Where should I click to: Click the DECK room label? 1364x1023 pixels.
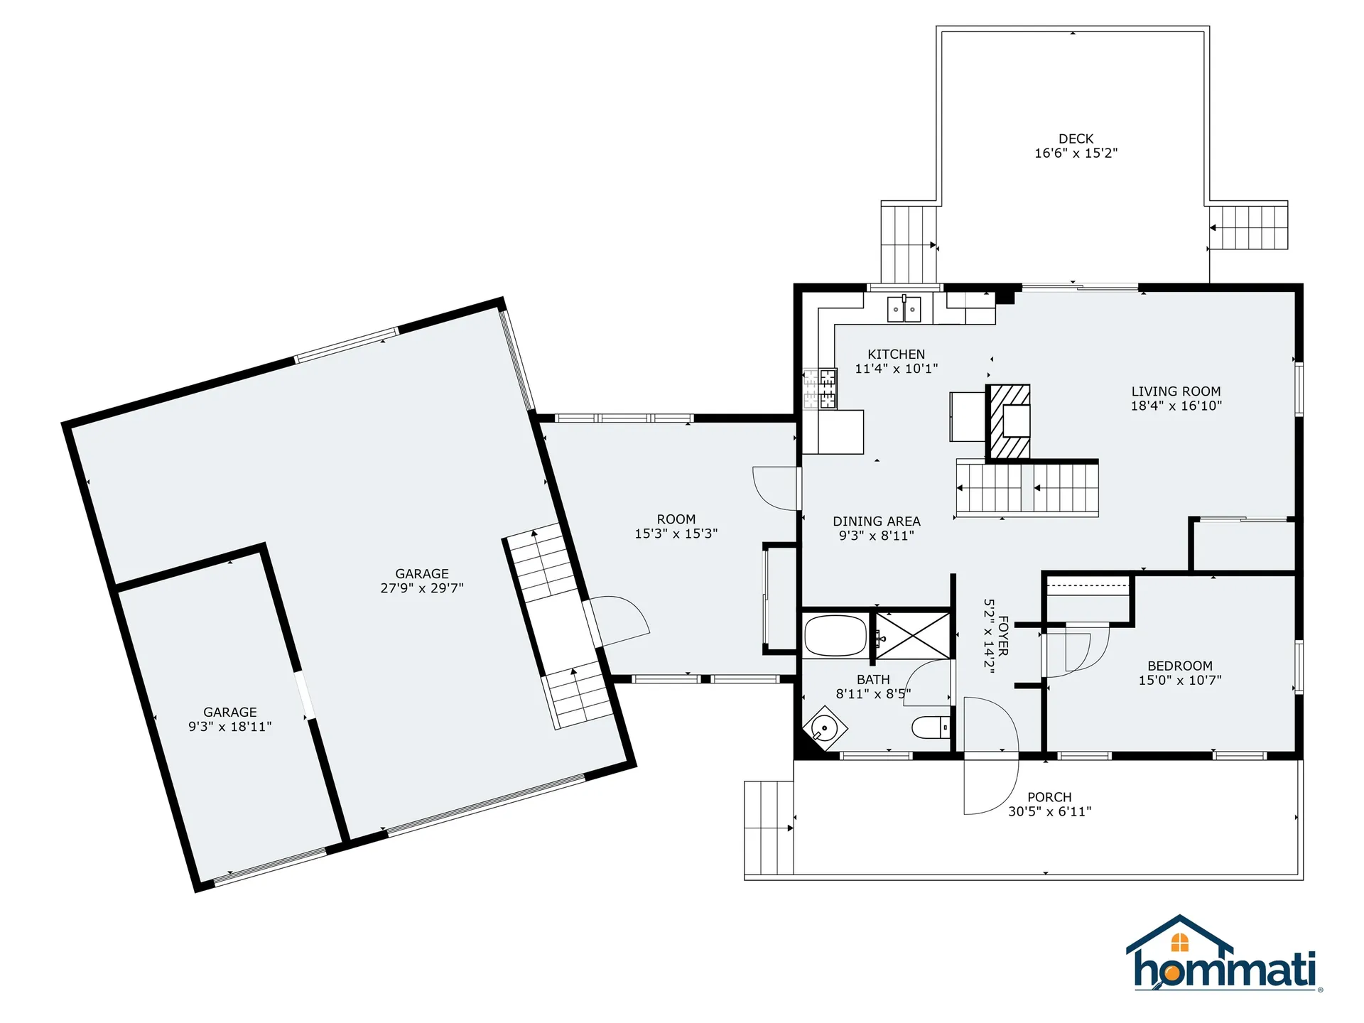pos(1076,139)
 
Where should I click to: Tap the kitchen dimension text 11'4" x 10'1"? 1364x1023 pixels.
pos(896,369)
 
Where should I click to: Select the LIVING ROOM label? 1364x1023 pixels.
pos(1176,391)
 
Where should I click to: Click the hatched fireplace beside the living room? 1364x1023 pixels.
pos(1007,422)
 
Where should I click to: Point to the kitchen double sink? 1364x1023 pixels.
pos(904,310)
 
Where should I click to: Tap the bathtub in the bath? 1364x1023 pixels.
pos(835,635)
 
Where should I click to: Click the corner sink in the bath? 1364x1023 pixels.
pos(825,727)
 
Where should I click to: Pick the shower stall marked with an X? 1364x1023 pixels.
pos(913,634)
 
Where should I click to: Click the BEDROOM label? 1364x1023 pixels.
pos(1179,666)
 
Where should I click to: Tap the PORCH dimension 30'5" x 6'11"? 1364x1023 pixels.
pos(1049,811)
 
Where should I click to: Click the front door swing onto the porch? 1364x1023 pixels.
pos(989,789)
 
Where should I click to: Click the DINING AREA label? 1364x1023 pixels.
pos(876,521)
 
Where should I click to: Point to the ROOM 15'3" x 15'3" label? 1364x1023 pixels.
pos(676,526)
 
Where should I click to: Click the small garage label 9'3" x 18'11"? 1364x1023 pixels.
pos(229,727)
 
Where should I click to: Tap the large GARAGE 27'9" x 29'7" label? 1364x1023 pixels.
pos(422,580)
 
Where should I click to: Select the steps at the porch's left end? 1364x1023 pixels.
pos(769,828)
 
